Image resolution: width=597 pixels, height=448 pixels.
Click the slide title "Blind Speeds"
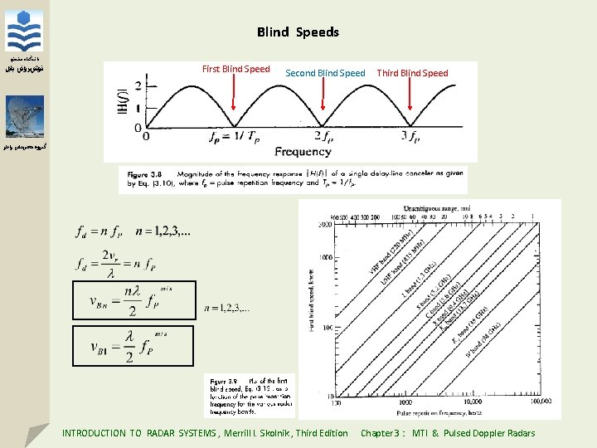[298, 32]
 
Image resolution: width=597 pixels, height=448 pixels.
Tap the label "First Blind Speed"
[235, 69]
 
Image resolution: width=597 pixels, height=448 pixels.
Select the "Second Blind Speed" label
[325, 73]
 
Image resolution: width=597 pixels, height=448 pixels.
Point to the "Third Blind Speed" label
[412, 73]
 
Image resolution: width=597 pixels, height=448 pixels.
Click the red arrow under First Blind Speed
[234, 104]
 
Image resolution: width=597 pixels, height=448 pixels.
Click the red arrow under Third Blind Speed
[410, 104]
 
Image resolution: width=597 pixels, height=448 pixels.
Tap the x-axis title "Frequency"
[303, 151]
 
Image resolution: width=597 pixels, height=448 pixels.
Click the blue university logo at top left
[24, 32]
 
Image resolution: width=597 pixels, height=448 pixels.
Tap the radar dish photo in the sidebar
[24, 117]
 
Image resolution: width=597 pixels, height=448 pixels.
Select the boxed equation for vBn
[132, 299]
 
